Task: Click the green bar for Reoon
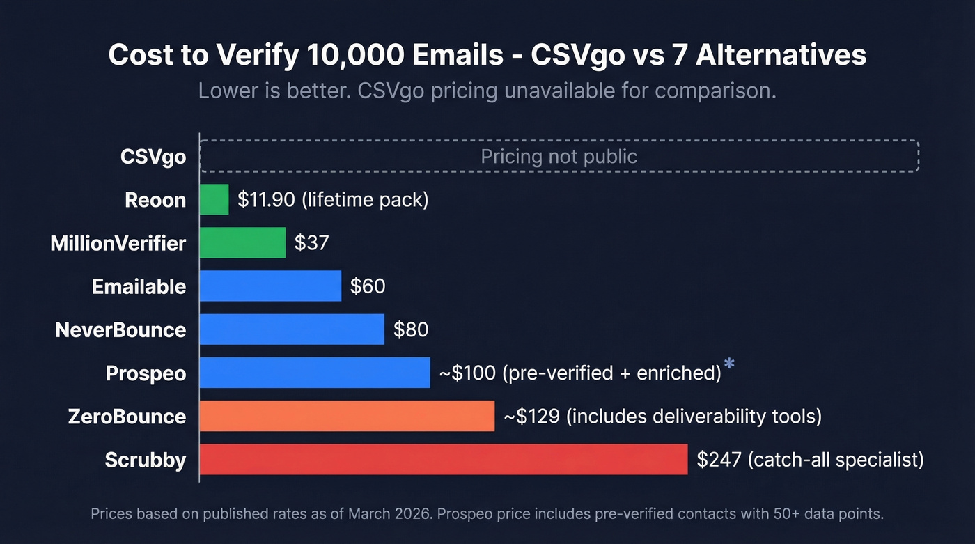click(214, 200)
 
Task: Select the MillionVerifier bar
click(242, 243)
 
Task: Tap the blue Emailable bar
click(270, 286)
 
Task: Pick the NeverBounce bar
click(292, 329)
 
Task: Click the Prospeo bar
click(315, 373)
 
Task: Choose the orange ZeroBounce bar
click(347, 416)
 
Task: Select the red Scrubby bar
click(444, 459)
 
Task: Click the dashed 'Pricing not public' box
click(559, 156)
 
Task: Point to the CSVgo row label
click(153, 157)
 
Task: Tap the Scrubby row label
click(146, 460)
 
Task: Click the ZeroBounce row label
click(127, 417)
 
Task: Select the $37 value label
click(311, 243)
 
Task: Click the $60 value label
click(368, 286)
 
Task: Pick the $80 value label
click(411, 329)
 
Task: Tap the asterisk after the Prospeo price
click(729, 364)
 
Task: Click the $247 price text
click(719, 459)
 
